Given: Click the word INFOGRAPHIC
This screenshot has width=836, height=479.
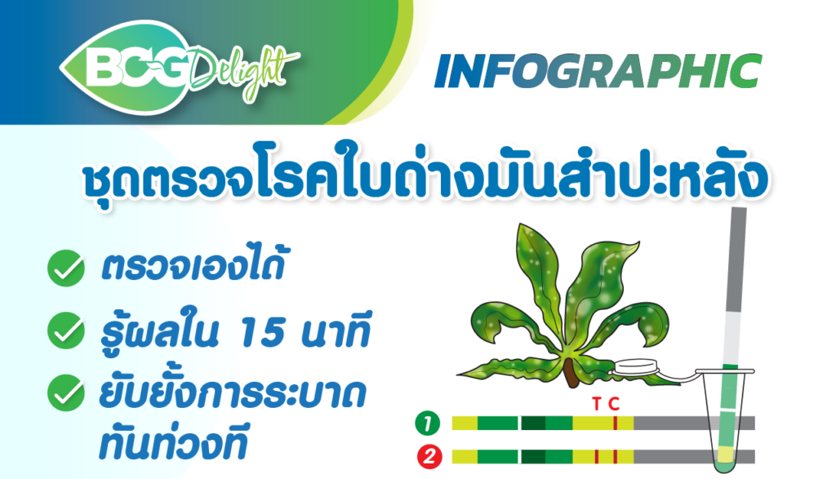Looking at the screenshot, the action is click(x=598, y=71).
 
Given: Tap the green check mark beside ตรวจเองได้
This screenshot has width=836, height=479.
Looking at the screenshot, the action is click(x=66, y=268).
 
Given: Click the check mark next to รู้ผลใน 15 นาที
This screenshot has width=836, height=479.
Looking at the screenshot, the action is click(x=66, y=330).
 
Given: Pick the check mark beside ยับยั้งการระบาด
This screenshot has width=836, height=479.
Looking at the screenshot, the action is click(x=66, y=393).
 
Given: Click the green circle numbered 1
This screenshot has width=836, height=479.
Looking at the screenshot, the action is click(x=428, y=424).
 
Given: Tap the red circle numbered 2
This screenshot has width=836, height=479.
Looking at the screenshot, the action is click(x=429, y=457).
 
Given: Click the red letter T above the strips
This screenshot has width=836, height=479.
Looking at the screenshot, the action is click(x=596, y=404).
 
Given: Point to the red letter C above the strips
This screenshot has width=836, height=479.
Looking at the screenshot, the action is click(x=614, y=404).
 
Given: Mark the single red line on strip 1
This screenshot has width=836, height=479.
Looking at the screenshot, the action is click(x=616, y=424).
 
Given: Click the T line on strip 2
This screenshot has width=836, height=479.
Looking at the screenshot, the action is click(x=597, y=457).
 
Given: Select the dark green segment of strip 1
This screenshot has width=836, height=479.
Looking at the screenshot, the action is click(x=532, y=424).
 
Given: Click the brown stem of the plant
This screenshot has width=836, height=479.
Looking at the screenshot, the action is click(x=571, y=372).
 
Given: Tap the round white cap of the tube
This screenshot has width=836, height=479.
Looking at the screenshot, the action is click(x=636, y=367).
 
